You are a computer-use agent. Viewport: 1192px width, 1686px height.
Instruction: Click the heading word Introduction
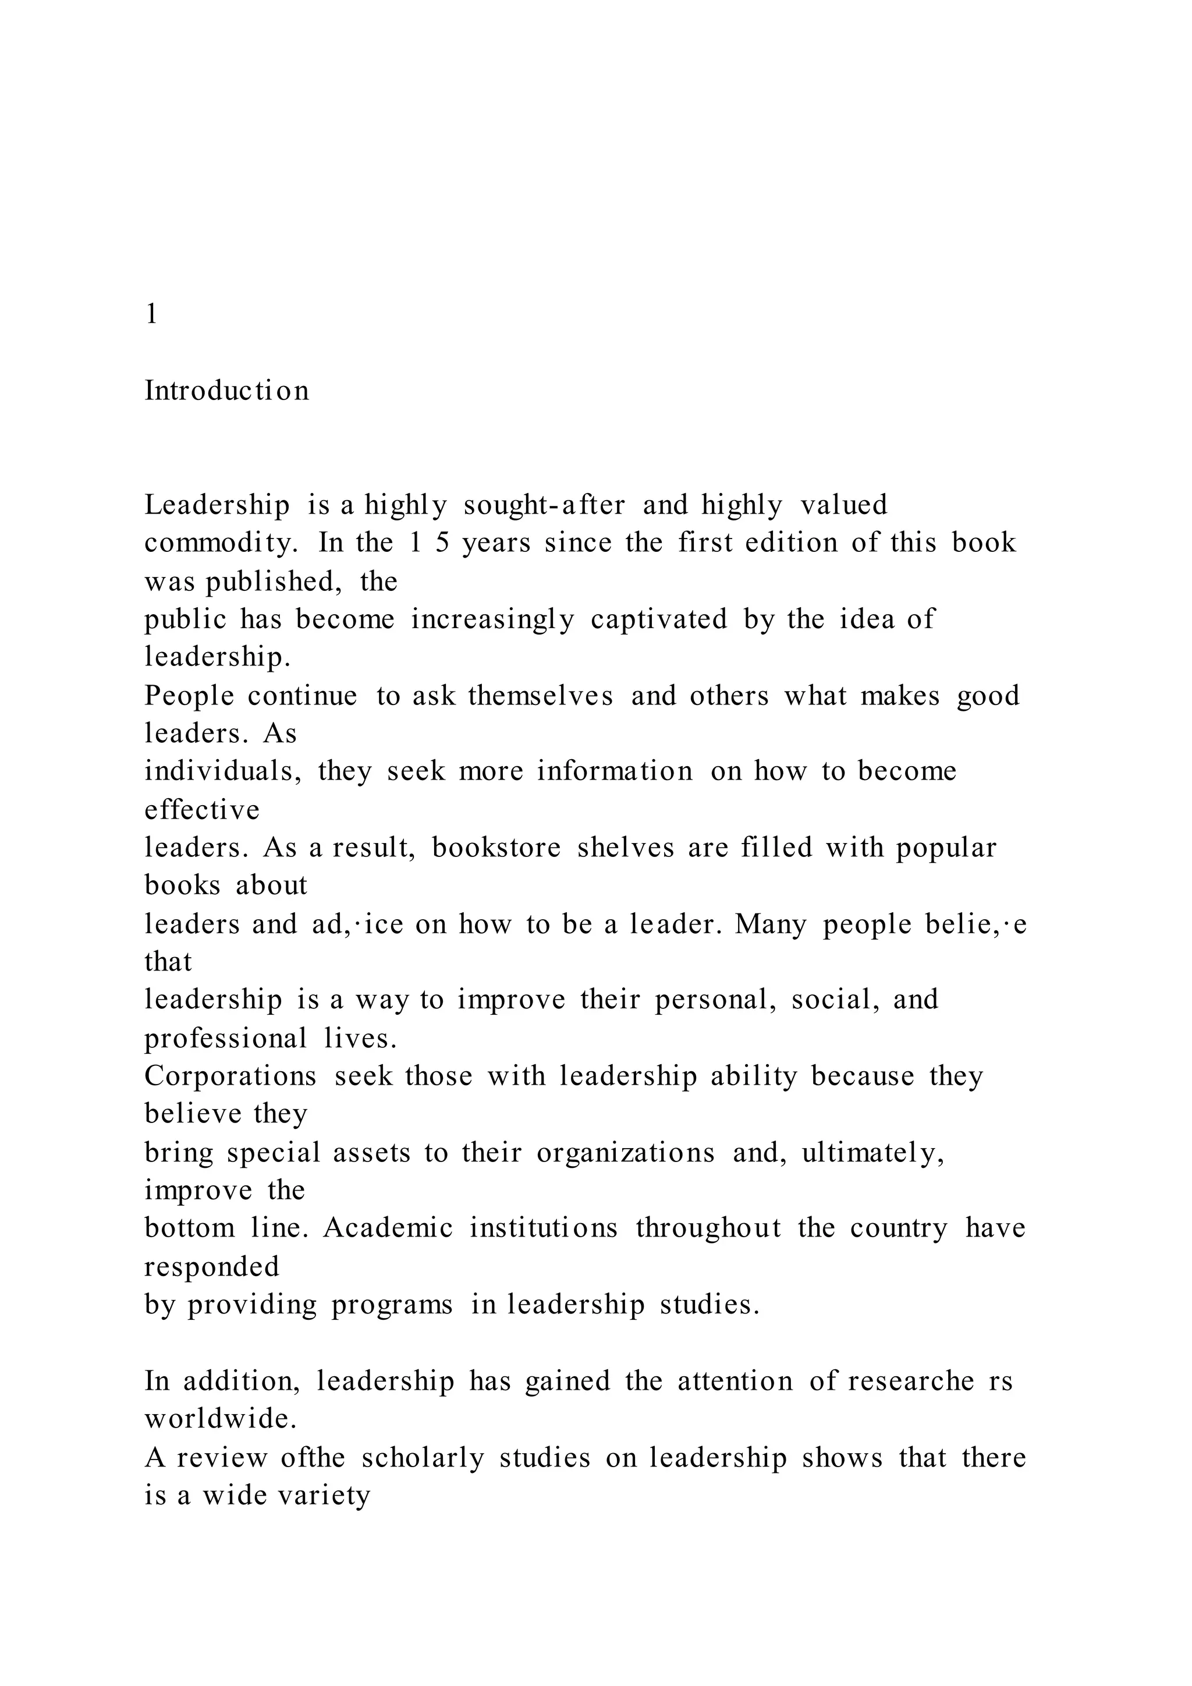227,391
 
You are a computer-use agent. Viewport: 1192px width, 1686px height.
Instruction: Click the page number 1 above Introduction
151,314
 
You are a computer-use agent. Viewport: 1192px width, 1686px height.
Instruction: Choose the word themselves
540,695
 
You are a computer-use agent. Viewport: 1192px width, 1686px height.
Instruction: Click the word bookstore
496,848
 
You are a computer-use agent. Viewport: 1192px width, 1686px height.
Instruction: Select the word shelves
625,848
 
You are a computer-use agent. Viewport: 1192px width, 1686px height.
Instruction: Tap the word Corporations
230,1076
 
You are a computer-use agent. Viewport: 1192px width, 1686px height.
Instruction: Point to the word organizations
625,1153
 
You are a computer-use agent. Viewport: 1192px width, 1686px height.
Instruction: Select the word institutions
543,1228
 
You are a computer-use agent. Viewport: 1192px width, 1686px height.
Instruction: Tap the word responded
212,1267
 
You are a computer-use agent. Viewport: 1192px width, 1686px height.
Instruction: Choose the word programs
392,1305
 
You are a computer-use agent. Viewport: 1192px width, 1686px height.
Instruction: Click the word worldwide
220,1419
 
